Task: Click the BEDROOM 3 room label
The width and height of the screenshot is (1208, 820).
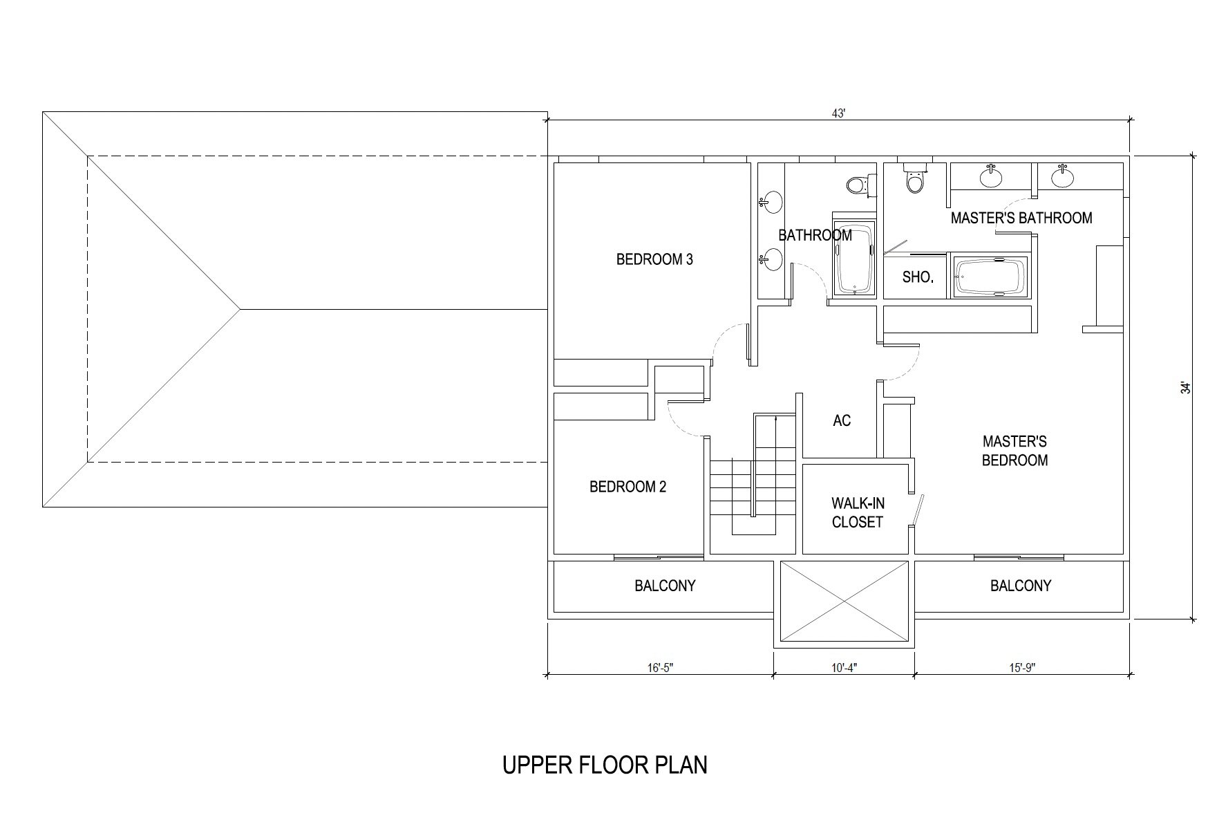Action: (654, 260)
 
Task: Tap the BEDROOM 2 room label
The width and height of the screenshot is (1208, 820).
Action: (627, 487)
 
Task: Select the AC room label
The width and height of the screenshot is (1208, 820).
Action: (842, 420)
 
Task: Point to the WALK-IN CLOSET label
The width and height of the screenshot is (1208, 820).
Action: (858, 513)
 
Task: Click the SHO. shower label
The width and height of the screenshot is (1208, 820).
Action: (918, 278)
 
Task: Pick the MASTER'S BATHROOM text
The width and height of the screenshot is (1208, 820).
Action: (1021, 218)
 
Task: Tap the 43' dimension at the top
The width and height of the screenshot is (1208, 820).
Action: (838, 114)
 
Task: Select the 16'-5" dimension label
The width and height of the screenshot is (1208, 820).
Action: (661, 668)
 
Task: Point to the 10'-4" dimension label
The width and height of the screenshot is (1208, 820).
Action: (844, 668)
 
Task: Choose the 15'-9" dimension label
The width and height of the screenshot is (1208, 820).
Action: (1022, 668)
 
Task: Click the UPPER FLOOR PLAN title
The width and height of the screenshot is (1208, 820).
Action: (605, 765)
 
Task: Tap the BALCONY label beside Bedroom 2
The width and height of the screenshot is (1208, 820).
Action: (665, 586)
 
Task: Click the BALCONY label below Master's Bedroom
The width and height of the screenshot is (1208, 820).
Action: (1021, 586)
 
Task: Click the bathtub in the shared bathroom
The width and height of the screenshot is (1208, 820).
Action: (855, 259)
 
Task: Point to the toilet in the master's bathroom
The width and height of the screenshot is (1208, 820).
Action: (915, 178)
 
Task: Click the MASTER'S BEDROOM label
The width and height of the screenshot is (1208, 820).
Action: (1014, 451)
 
